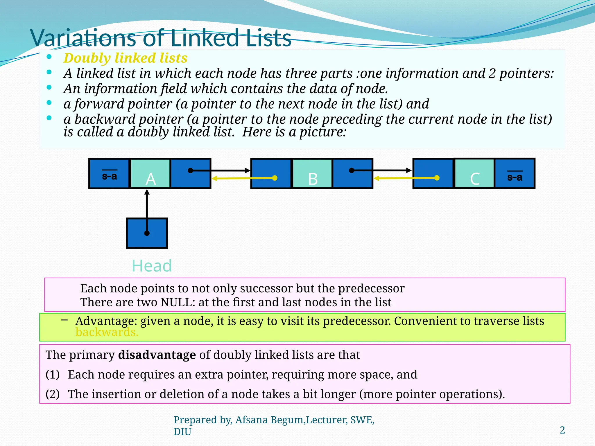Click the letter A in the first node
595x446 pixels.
coord(150,179)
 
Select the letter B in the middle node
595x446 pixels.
coord(313,179)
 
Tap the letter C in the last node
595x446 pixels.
coord(475,179)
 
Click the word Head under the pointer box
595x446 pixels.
coord(152,266)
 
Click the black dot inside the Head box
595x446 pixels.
coord(147,233)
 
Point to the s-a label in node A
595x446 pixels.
coord(109,176)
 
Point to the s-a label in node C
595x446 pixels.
coord(515,177)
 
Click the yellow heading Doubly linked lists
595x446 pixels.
coord(125,58)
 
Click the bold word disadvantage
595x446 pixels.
coord(157,355)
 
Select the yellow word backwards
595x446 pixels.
coord(107,332)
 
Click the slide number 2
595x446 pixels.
coord(562,430)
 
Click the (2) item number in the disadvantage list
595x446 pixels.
coord(53,394)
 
